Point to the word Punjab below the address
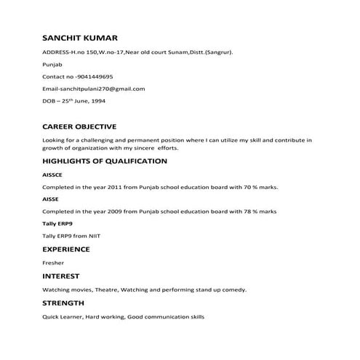coord(53,64)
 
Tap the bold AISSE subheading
coord(50,199)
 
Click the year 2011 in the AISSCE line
coord(116,187)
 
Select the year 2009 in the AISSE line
coord(116,211)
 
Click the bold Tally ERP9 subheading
coord(57,223)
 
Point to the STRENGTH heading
coord(63,303)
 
